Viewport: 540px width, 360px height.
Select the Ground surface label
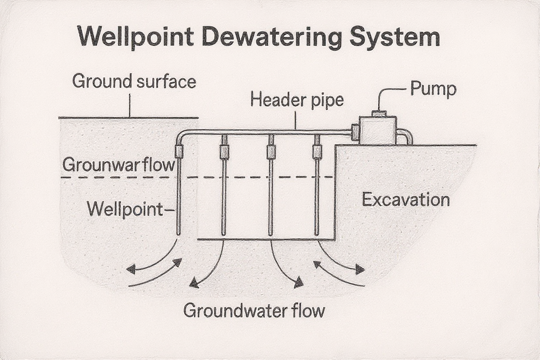point(134,81)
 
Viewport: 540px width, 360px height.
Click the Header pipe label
point(297,100)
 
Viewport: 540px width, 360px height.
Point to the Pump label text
point(433,89)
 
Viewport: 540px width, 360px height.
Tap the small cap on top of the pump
point(379,113)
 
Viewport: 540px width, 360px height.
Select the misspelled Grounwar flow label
point(119,165)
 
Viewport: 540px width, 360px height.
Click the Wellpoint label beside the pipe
point(125,209)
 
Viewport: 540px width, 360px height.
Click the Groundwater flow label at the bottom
point(254,311)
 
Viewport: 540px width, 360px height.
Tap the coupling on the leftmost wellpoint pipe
point(178,151)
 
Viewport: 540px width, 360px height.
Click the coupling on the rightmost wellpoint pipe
point(318,151)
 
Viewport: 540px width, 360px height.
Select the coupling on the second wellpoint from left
point(224,151)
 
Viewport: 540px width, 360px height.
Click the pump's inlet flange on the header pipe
point(355,132)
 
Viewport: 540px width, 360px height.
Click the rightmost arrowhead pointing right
point(360,270)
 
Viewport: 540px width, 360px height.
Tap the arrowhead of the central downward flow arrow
point(298,284)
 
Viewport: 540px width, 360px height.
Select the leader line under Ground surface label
point(130,105)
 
